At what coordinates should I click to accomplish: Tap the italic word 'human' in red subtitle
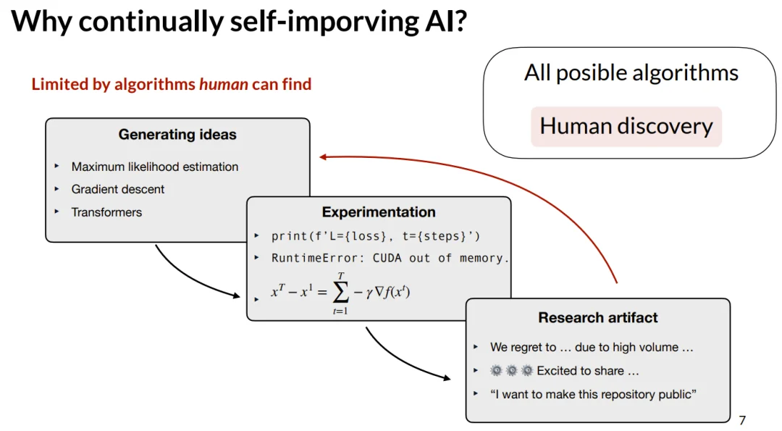coord(223,84)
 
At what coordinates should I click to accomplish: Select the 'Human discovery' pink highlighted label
coord(626,126)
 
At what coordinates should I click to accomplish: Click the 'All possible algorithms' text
coord(631,72)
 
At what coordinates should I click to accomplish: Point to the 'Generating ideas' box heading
coord(177,135)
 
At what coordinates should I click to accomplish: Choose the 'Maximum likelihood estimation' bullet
coord(154,167)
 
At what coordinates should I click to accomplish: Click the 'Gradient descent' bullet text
coord(118,189)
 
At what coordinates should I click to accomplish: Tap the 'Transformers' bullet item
coord(106,212)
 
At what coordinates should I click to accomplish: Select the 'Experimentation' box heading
coord(379,212)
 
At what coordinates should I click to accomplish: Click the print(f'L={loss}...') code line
coord(375,236)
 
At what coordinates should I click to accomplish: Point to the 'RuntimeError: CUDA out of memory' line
coord(390,258)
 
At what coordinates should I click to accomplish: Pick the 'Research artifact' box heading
coord(598,318)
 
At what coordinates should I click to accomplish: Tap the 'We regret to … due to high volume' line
coord(592,347)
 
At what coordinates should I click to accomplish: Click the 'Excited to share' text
coord(588,371)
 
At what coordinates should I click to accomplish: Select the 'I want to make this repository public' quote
coord(593,394)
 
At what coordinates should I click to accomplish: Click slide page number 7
coord(741,421)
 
